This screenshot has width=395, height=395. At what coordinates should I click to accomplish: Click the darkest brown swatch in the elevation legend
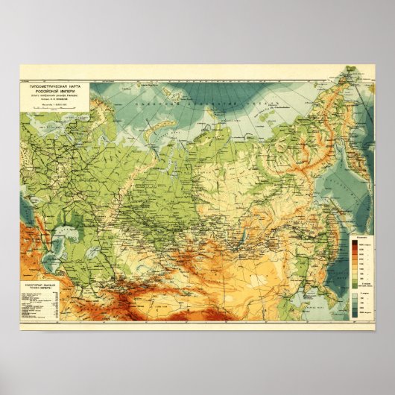click(x=355, y=245)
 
